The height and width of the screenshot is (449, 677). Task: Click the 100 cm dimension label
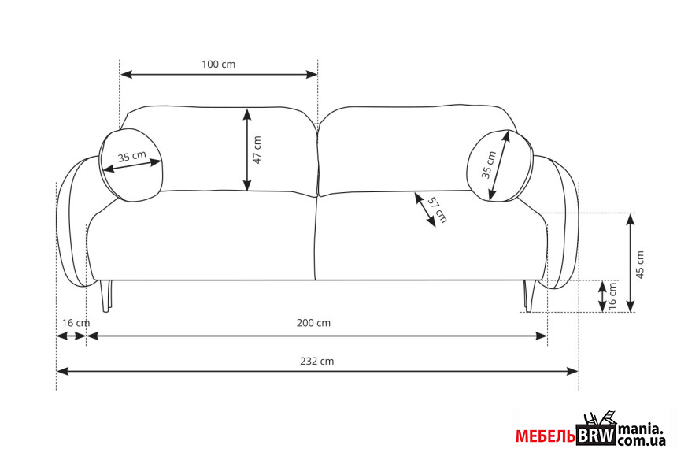click(x=219, y=65)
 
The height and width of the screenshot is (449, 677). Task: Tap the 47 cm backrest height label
click(x=257, y=150)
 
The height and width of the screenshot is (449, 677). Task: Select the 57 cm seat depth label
click(x=438, y=210)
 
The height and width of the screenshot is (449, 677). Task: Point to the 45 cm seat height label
click(x=641, y=264)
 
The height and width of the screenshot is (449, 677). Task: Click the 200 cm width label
click(x=313, y=323)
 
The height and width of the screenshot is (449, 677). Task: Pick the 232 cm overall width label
click(x=317, y=361)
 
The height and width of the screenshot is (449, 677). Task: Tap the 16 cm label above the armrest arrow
click(x=76, y=323)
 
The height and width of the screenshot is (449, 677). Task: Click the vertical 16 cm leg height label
click(x=612, y=295)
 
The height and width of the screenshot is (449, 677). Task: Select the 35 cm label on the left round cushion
click(x=132, y=156)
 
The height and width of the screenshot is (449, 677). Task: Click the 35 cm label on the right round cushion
click(x=489, y=165)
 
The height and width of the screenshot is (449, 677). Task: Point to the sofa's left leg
click(x=105, y=295)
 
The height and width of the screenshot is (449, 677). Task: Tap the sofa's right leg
click(x=529, y=296)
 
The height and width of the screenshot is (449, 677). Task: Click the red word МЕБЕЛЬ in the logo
click(x=546, y=436)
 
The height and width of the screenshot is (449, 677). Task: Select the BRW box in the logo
click(x=596, y=435)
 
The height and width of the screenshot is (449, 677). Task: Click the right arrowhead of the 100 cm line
click(x=312, y=74)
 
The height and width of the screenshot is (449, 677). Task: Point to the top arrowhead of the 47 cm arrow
click(x=246, y=114)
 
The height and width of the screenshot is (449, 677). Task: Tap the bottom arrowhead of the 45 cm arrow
click(x=631, y=306)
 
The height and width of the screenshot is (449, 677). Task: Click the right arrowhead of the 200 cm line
click(x=542, y=336)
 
